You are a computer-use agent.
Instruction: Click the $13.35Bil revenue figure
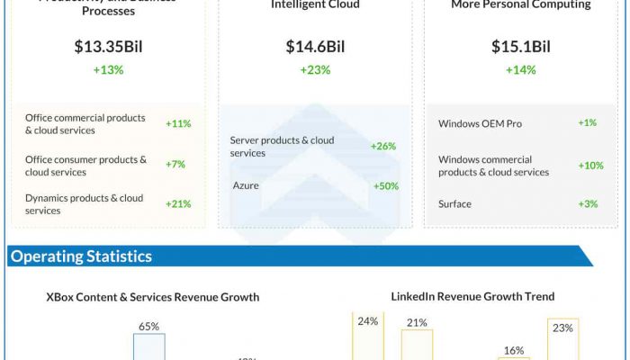click(x=108, y=47)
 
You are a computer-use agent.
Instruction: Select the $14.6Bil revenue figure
click(x=315, y=47)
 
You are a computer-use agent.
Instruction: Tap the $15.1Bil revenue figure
click(x=520, y=47)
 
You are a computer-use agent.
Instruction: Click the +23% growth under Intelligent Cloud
click(x=315, y=70)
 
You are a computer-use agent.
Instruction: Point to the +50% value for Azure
click(x=385, y=185)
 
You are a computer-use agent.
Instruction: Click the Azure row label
click(x=246, y=185)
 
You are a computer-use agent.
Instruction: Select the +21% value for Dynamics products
click(x=178, y=203)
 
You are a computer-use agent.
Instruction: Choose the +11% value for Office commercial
click(x=178, y=123)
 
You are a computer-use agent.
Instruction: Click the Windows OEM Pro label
click(x=480, y=123)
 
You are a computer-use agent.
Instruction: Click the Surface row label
click(x=454, y=203)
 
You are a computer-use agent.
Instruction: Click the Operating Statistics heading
click(x=81, y=256)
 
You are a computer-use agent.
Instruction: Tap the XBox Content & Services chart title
click(x=153, y=297)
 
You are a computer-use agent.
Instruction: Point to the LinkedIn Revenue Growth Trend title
click(x=472, y=296)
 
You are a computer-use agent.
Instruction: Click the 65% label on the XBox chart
click(x=148, y=327)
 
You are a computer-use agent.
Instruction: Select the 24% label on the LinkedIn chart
click(x=367, y=320)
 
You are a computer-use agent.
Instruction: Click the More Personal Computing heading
click(x=520, y=4)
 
